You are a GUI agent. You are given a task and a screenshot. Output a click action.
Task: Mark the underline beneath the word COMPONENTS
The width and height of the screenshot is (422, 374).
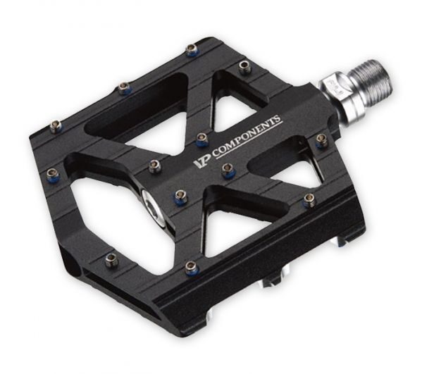click(249, 143)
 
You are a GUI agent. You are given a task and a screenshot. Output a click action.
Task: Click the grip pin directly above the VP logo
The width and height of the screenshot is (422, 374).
click(201, 139)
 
